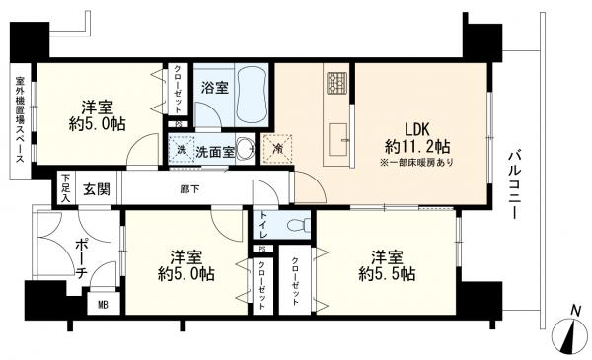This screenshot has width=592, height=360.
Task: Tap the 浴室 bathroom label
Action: tap(215, 88)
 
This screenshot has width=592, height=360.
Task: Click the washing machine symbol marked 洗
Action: tap(182, 151)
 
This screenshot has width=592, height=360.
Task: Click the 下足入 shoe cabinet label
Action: tap(66, 187)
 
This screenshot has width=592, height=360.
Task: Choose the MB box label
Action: tap(103, 304)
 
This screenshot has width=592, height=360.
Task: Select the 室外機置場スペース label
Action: tap(19, 124)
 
